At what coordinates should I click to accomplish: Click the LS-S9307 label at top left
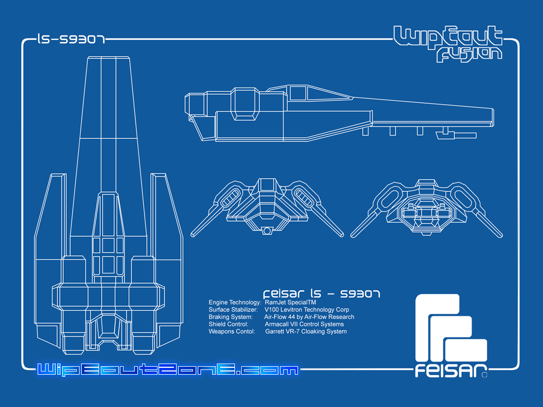coord(71,39)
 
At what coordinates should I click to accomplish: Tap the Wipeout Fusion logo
coord(448,43)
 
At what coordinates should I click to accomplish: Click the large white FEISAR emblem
coord(451,327)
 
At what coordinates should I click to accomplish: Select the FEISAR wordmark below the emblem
coord(451,370)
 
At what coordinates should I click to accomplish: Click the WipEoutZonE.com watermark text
coord(168,369)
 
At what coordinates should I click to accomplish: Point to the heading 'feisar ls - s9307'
coord(322,294)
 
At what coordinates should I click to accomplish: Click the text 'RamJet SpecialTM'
coord(290,303)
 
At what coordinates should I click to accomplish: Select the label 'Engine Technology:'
coord(235,303)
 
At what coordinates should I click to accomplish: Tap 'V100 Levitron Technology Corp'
coord(307,309)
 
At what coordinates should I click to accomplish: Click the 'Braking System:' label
coord(231,317)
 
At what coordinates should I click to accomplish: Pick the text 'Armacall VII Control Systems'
coord(304,324)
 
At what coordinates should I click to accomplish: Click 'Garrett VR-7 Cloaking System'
coord(306,332)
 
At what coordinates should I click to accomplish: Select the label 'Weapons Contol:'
coord(232,332)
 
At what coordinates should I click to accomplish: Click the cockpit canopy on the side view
coord(320,93)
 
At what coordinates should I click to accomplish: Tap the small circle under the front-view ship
coord(267,231)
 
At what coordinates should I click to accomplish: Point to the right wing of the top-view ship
coord(166,256)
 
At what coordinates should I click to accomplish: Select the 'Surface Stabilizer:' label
coord(233,309)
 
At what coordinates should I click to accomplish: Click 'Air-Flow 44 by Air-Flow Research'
coord(309,317)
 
